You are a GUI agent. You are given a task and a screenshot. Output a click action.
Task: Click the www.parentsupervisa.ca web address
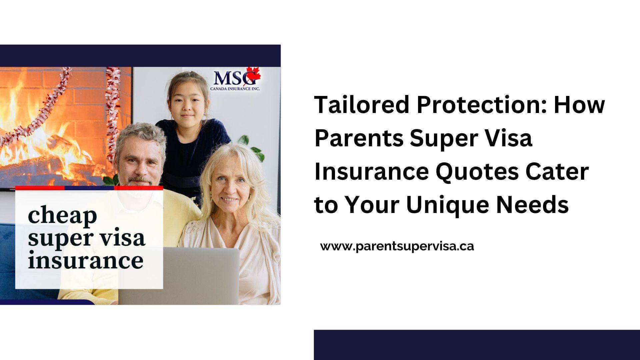click(x=397, y=247)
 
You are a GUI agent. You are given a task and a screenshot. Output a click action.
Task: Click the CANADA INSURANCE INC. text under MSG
click(x=235, y=89)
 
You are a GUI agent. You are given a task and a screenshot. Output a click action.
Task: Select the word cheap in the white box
click(x=62, y=216)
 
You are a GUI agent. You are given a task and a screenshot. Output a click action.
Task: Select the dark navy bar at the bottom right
click(x=477, y=345)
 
